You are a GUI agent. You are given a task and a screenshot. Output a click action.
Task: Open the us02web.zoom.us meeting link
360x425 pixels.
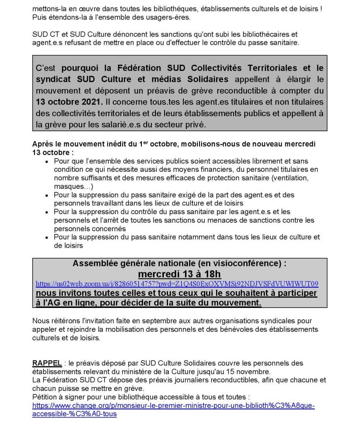pos(177,284)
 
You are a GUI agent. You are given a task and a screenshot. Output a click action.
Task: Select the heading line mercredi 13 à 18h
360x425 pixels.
pos(179,274)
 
